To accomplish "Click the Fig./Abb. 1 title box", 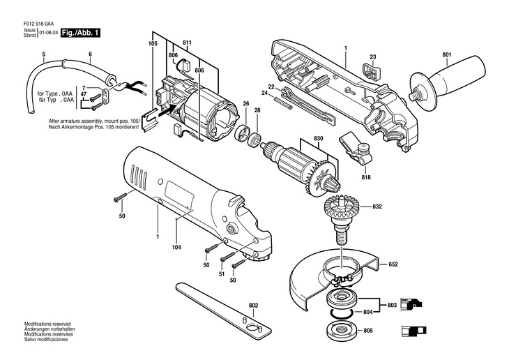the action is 80,33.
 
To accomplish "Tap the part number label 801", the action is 447,55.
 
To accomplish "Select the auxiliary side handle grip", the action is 448,82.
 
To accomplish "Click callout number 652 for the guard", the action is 393,264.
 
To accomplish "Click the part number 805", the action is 368,331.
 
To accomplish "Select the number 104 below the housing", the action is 176,248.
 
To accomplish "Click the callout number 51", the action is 222,274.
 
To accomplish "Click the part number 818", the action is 365,177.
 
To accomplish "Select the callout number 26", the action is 245,104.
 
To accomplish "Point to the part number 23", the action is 373,57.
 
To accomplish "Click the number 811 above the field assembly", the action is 188,43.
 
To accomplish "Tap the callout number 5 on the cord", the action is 44,54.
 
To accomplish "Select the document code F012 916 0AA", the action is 38,24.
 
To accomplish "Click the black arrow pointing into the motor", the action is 167,112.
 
